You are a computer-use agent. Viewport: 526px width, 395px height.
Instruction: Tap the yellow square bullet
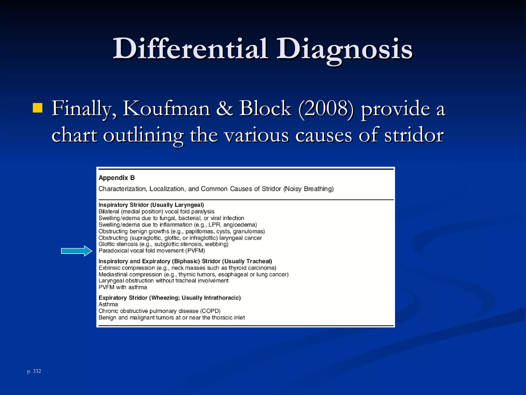click(x=37, y=108)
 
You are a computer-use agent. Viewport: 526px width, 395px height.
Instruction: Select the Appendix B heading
click(x=117, y=178)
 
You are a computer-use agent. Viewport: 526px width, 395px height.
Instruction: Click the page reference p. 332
click(x=34, y=371)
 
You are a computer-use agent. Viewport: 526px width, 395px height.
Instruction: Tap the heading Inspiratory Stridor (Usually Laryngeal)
click(x=151, y=205)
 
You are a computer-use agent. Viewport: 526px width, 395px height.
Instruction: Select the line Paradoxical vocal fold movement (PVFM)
click(x=152, y=251)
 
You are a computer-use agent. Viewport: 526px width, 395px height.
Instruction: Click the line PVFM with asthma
click(x=123, y=287)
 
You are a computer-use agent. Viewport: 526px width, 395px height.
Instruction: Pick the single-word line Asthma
click(x=108, y=304)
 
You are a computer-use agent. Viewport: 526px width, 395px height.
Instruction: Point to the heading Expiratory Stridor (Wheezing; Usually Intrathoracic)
click(x=170, y=298)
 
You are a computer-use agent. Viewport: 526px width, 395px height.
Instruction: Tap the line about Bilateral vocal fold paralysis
click(x=156, y=211)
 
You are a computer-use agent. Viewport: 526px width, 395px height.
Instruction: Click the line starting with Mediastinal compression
click(x=193, y=274)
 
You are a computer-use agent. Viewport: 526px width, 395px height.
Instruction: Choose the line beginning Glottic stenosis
click(x=163, y=244)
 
